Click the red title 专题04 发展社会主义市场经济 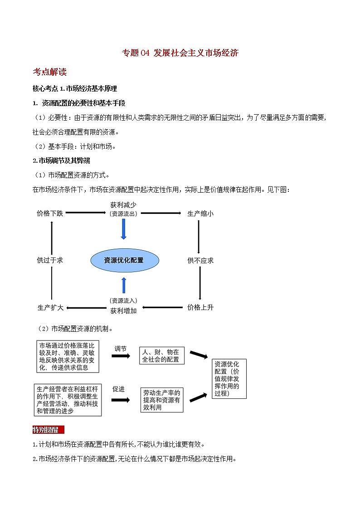tap(180, 53)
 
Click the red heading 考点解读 tap(50, 72)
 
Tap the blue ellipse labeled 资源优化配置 tap(124, 260)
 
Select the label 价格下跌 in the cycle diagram tap(50, 213)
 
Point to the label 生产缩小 tap(200, 213)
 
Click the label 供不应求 tap(200, 261)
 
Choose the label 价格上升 tap(200, 307)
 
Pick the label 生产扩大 tap(50, 307)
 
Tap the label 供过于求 tap(50, 261)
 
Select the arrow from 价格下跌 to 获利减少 tap(85, 213)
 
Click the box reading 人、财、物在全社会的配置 tap(161, 356)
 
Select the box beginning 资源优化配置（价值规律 tap(229, 378)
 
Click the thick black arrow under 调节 tap(120, 356)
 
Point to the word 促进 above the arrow tap(119, 389)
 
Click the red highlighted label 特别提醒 tap(48, 430)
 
